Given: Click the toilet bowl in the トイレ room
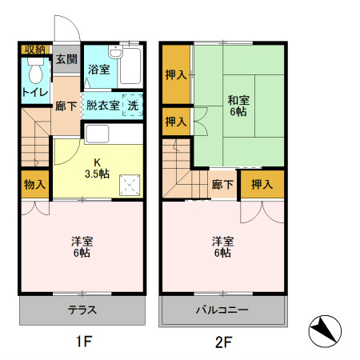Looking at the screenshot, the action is click(x=36, y=71).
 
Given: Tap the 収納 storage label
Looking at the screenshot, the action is click(x=35, y=50).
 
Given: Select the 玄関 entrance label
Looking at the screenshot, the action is click(x=66, y=59).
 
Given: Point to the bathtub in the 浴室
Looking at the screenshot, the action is click(x=130, y=66).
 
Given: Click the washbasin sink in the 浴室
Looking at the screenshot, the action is click(x=115, y=52).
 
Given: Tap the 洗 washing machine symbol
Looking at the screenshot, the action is click(x=133, y=106).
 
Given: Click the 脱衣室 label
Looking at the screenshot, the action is click(x=102, y=106).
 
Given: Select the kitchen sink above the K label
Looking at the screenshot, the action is click(x=97, y=134).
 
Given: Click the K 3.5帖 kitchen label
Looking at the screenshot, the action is click(x=97, y=168).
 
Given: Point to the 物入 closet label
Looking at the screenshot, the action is click(x=34, y=184).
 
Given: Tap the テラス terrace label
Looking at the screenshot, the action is click(x=82, y=310).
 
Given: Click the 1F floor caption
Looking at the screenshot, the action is click(x=84, y=341).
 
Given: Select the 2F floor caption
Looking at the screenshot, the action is click(x=223, y=342).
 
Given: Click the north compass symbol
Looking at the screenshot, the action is click(x=325, y=331).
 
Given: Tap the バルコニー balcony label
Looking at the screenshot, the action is click(x=222, y=310).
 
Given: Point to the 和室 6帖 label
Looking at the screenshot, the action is click(x=238, y=106).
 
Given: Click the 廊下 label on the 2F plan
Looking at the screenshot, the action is click(x=222, y=184).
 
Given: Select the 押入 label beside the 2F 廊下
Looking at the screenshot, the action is click(x=262, y=184).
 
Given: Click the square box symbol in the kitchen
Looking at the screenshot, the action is click(x=130, y=185).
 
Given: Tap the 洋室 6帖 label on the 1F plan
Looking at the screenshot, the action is click(x=82, y=247).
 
